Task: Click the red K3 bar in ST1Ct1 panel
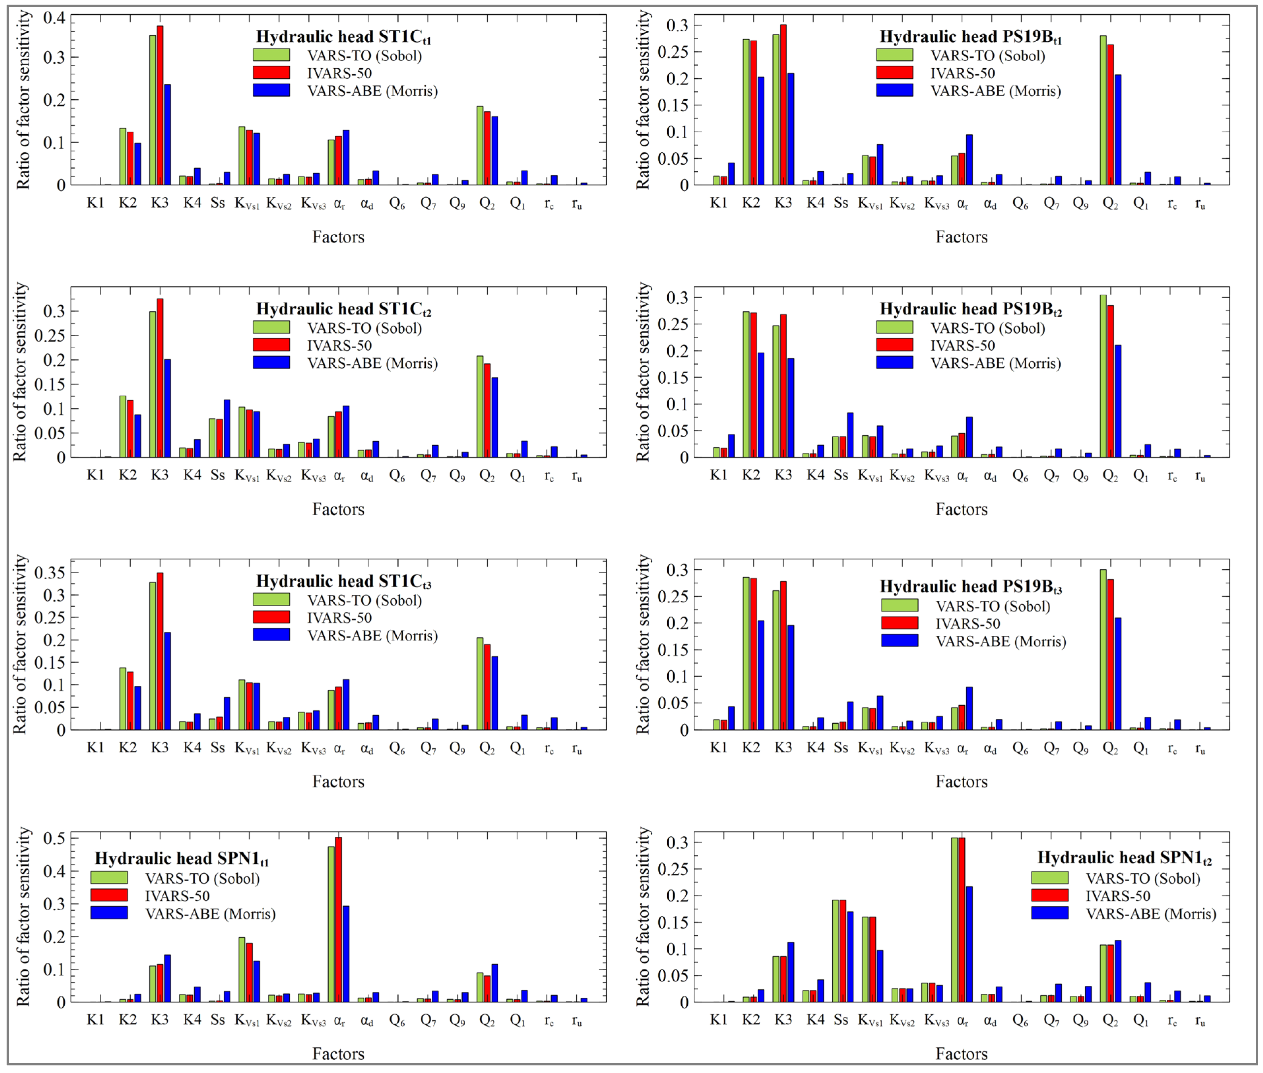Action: (x=160, y=107)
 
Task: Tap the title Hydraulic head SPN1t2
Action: (x=1124, y=858)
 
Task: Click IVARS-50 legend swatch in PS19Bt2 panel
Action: (x=894, y=345)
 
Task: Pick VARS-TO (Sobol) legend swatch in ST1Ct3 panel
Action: (x=271, y=600)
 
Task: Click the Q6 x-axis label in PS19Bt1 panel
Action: (x=1020, y=204)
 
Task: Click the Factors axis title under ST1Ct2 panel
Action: (x=338, y=509)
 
